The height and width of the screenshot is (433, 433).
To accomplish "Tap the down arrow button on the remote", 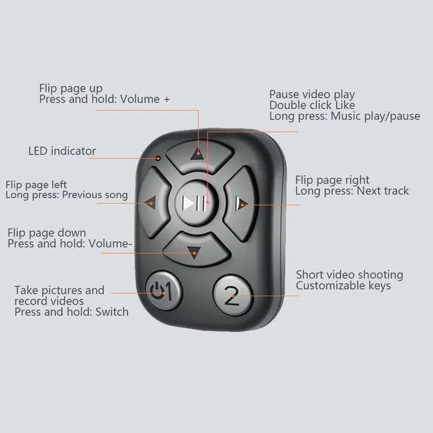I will [x=192, y=248].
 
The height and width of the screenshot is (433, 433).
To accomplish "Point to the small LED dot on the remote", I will [x=158, y=158].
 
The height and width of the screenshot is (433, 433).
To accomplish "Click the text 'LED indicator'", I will [x=62, y=151].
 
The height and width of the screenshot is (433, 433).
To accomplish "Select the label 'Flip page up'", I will [x=70, y=89].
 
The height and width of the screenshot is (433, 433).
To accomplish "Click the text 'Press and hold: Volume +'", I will [x=105, y=99].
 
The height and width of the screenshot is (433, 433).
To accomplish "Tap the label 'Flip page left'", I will [x=36, y=185].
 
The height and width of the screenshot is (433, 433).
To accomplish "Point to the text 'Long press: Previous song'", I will [x=67, y=195].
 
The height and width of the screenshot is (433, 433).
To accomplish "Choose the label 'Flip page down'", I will [x=46, y=233].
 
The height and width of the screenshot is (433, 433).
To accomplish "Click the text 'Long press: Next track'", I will [x=352, y=191].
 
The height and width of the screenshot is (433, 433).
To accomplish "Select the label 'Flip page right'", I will [x=332, y=180].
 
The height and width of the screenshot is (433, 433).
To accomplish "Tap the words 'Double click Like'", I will [x=312, y=105].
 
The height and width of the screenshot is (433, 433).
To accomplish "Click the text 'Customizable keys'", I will [x=343, y=286].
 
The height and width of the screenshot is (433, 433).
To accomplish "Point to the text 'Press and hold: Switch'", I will [x=72, y=312].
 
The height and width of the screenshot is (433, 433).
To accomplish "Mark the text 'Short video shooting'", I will [x=349, y=275].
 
